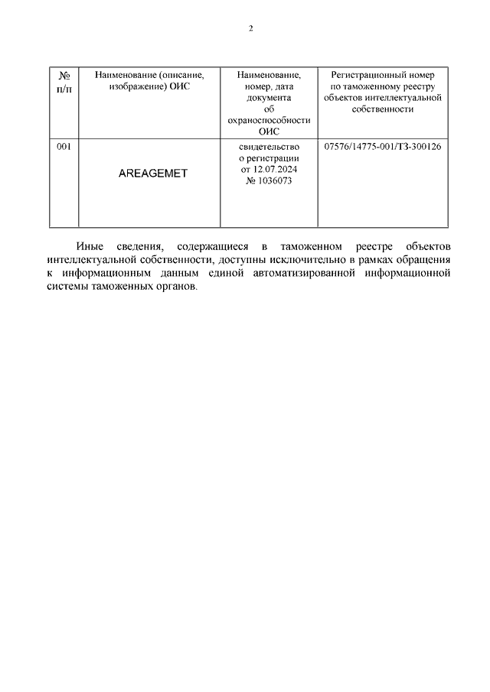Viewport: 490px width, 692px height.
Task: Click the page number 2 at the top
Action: click(250, 29)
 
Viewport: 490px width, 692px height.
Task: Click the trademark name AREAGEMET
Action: click(153, 174)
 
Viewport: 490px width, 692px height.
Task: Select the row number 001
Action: click(64, 146)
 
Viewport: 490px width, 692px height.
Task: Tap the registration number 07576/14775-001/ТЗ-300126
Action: click(383, 146)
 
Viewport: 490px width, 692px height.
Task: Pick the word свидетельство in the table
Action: click(268, 146)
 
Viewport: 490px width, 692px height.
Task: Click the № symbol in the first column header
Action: click(64, 76)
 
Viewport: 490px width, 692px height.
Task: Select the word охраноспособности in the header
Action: click(268, 120)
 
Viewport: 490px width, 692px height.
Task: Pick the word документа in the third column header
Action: click(268, 98)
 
